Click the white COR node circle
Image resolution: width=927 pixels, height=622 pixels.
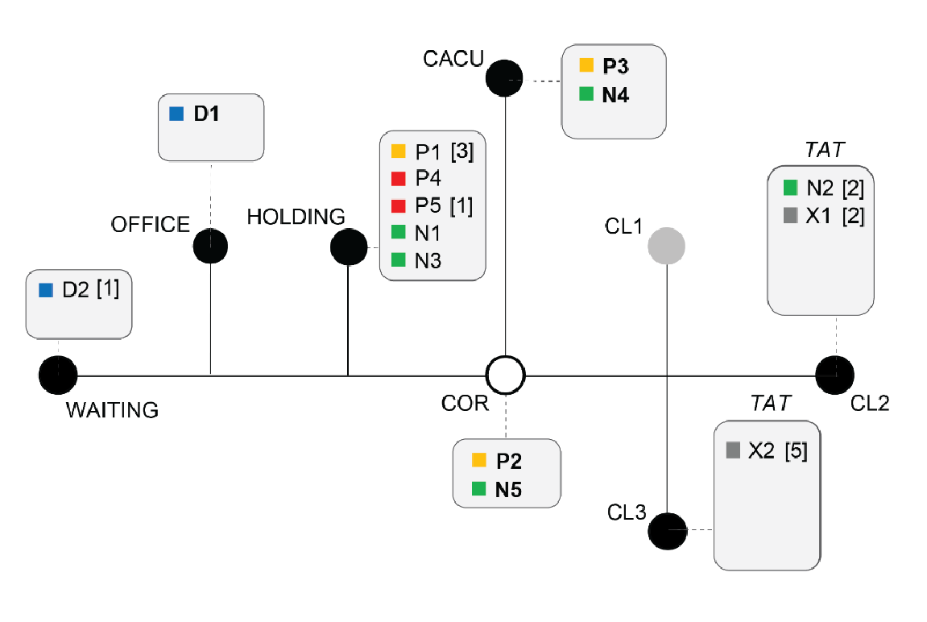[506, 375]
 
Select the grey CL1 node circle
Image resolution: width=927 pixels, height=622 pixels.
[667, 246]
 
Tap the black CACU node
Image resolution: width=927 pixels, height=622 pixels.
[505, 77]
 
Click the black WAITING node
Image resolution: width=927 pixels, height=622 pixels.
[58, 375]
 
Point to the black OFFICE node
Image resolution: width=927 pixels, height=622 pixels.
[210, 246]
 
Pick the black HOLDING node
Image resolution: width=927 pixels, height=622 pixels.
[349, 247]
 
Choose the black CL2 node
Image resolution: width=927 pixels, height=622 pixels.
[834, 374]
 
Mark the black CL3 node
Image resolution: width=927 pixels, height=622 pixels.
[667, 530]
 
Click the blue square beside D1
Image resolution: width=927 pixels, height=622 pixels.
[176, 114]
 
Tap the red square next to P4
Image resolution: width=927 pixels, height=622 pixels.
[398, 178]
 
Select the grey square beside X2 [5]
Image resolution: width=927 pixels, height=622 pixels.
[732, 450]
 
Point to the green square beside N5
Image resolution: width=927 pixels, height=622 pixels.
[478, 488]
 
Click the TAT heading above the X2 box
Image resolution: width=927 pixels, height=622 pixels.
[771, 402]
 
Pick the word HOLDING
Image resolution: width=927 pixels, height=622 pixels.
[296, 217]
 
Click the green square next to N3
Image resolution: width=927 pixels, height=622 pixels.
[398, 260]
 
